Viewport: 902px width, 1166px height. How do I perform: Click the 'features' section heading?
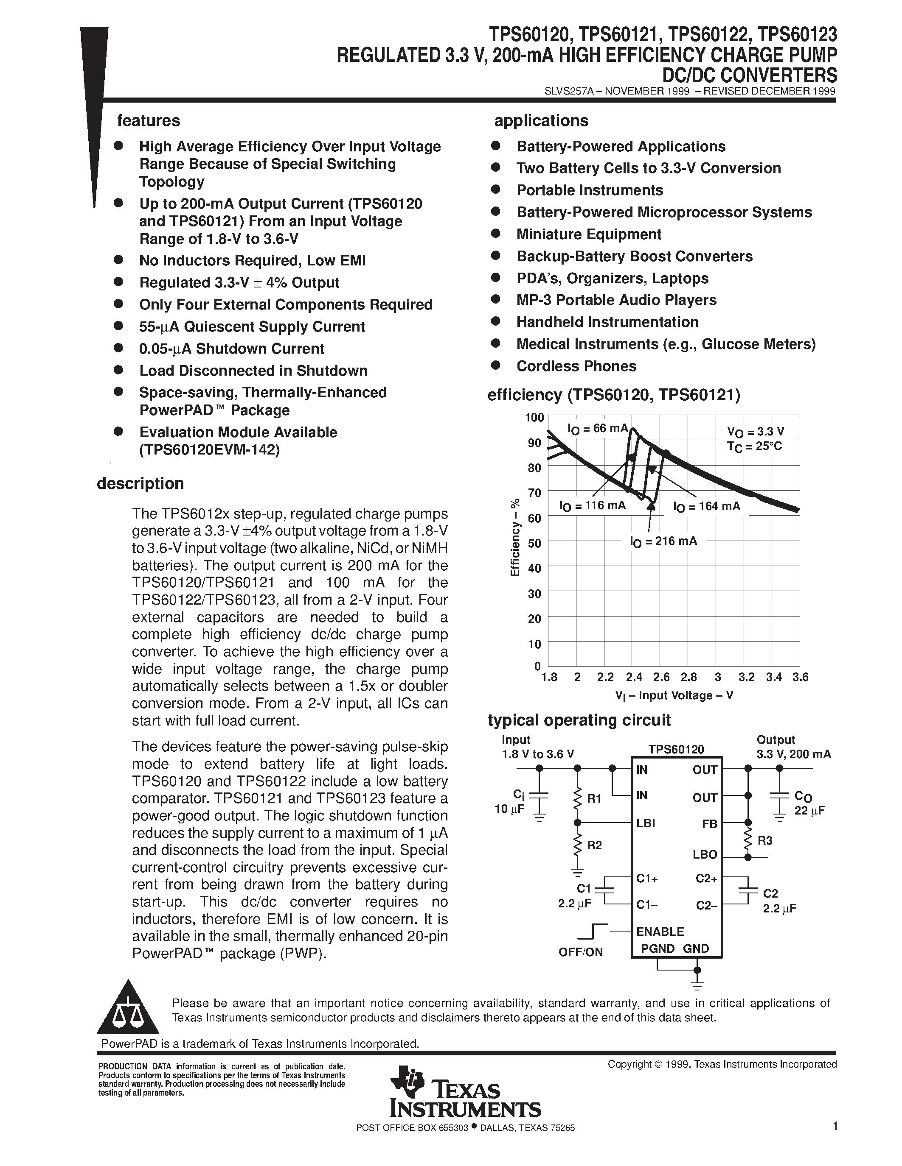148,121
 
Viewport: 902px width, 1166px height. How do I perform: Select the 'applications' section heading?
541,121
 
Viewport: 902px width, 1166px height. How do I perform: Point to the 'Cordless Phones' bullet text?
576,366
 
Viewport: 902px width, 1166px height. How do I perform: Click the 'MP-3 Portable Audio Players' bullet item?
615,300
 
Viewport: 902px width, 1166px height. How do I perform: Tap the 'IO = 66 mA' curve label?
597,428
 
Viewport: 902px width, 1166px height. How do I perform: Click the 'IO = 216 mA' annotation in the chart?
663,541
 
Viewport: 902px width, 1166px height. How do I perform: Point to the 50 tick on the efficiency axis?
534,544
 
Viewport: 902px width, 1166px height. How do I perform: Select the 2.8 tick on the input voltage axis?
689,677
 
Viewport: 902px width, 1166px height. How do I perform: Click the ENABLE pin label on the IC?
660,932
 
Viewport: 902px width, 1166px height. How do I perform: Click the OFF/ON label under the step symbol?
580,952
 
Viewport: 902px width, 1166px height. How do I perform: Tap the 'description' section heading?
140,484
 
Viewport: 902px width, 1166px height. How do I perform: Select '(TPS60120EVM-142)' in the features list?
209,450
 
